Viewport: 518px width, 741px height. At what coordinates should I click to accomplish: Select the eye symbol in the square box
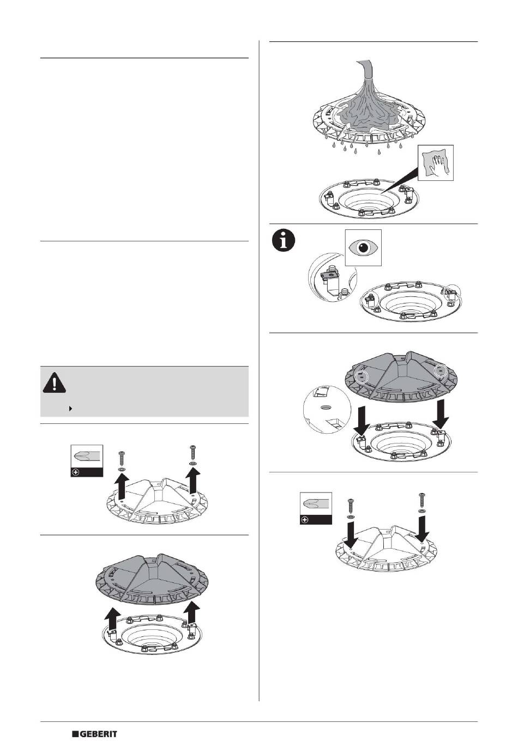364,247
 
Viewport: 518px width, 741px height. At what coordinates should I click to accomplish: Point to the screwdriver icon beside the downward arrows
316,508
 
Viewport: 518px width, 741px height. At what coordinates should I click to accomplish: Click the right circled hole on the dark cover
439,372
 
